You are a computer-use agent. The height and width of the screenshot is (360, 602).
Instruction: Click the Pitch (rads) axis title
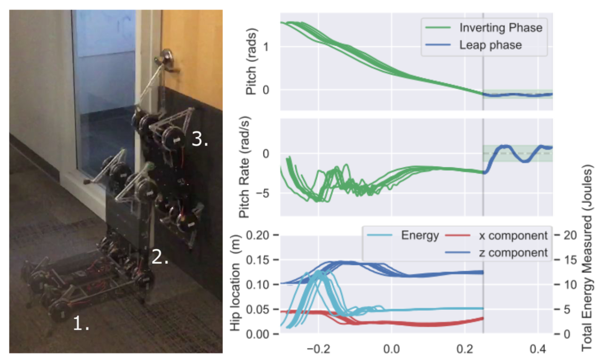click(x=251, y=61)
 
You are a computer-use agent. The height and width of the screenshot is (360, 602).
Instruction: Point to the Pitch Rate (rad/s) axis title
click(x=244, y=167)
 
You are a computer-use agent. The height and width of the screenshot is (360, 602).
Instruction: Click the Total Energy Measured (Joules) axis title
click(x=587, y=257)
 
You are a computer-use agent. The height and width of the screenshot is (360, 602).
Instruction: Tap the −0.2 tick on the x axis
click(x=318, y=349)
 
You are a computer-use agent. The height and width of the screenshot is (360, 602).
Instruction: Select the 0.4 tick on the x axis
click(x=538, y=349)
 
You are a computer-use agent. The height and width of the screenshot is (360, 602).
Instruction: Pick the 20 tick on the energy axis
click(x=570, y=235)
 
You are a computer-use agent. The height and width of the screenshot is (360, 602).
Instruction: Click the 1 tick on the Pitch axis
click(x=266, y=47)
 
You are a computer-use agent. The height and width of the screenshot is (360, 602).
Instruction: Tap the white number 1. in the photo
click(x=81, y=324)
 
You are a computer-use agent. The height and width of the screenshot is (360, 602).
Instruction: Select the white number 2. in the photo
click(x=160, y=257)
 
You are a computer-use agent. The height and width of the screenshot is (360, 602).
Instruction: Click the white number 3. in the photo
click(x=200, y=139)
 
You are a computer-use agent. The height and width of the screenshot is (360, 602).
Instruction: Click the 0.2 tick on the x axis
click(x=465, y=349)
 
